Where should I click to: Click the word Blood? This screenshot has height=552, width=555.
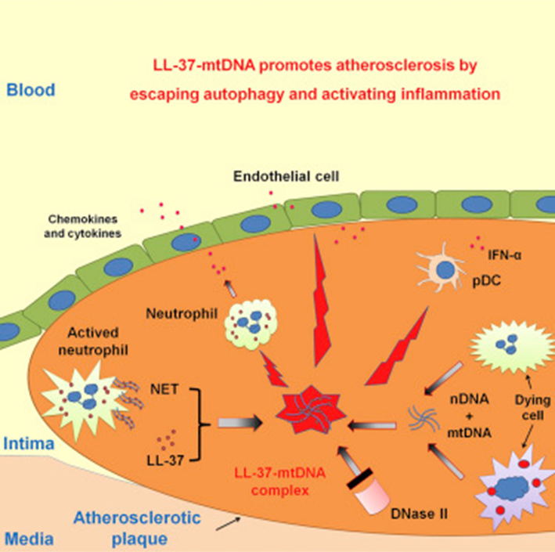coord(30,89)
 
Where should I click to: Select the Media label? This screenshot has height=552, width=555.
coord(24,538)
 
